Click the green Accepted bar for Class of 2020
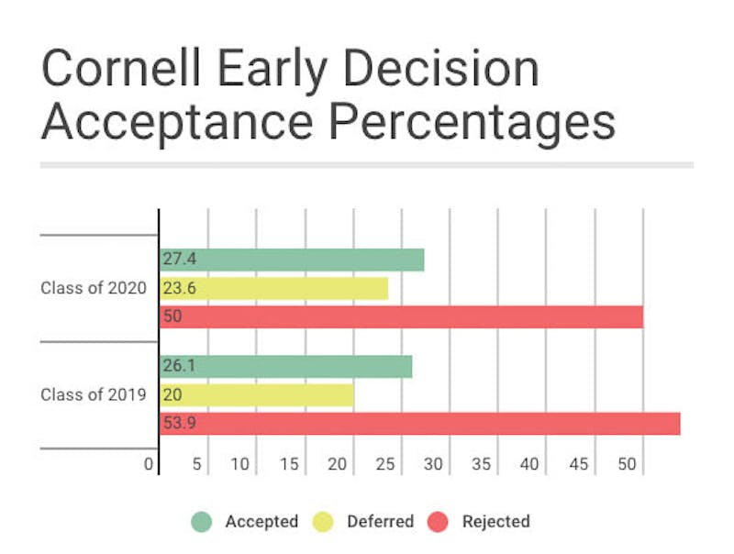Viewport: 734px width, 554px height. pos(292,260)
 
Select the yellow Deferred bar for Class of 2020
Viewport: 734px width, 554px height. pos(273,288)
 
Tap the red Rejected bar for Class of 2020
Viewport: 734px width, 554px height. pos(401,316)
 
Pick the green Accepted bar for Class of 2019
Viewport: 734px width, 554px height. pos(285,367)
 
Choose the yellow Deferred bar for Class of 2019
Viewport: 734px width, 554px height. pos(257,395)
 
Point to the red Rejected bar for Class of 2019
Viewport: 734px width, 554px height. pos(419,423)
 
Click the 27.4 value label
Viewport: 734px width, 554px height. pos(176,260)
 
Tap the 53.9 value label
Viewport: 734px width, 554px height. pos(177,423)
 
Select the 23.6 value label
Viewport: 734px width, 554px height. pos(176,288)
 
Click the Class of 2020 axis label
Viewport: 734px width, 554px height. pos(93,288)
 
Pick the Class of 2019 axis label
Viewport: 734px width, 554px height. pos(93,395)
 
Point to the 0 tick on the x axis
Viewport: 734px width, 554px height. pos(149,464)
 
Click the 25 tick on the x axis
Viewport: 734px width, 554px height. pos(384,464)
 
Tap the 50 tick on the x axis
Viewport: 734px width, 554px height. pos(627,464)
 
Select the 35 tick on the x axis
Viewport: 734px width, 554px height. pos(482,464)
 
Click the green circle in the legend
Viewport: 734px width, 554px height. pos(202,522)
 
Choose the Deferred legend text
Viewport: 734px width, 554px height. pos(380,522)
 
